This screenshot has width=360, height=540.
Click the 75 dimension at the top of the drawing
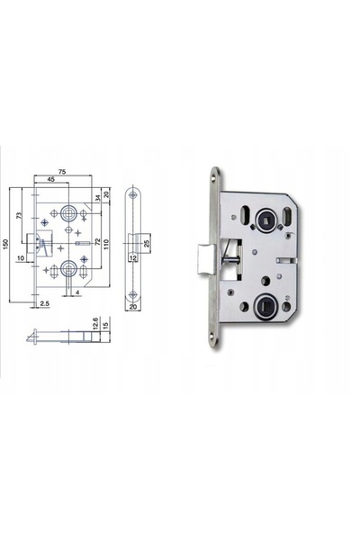click(x=62, y=172)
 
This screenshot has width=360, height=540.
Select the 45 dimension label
click(x=50, y=179)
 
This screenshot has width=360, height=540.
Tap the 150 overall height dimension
click(x=5, y=244)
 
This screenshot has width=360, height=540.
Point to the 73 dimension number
click(x=19, y=216)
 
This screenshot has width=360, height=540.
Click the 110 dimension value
click(x=106, y=245)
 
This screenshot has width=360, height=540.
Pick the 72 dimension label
click(x=98, y=242)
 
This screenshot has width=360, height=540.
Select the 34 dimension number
click(x=98, y=198)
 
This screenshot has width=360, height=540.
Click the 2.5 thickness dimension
click(x=45, y=303)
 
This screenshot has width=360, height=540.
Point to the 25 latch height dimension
click(x=146, y=244)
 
